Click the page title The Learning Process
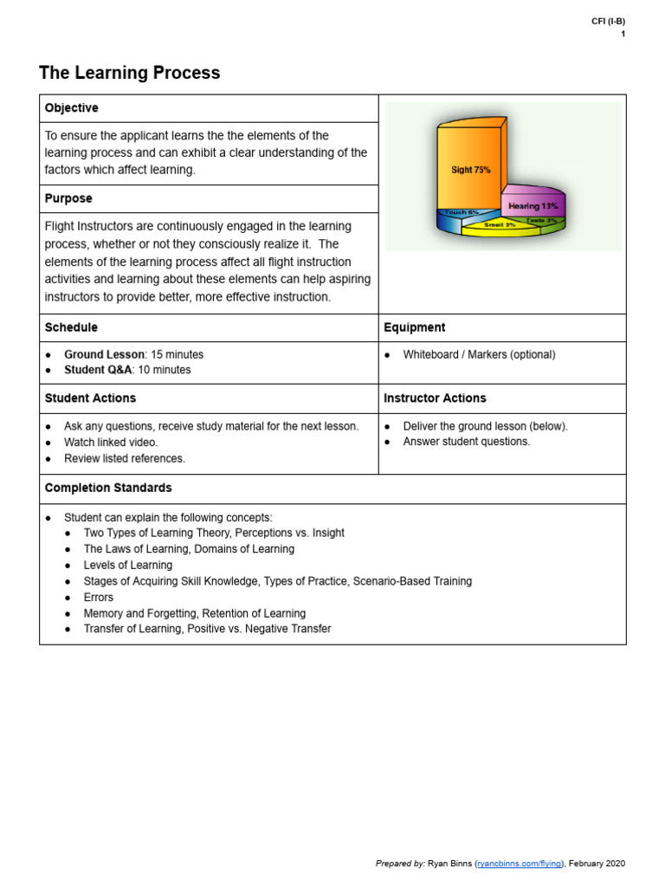[x=130, y=74]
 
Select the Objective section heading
[x=72, y=108]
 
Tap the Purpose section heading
[x=68, y=198]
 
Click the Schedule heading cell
[x=71, y=327]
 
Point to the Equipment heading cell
[x=415, y=327]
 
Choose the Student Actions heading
[x=90, y=398]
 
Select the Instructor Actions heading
[x=435, y=398]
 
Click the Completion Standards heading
[x=108, y=489]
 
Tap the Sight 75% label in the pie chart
[x=470, y=170]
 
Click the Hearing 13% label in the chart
[x=533, y=206]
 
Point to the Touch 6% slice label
[x=461, y=212]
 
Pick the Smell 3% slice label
[x=500, y=224]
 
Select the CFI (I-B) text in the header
[x=608, y=22]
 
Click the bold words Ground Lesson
[x=104, y=355]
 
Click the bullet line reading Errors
[x=98, y=598]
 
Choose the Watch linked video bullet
[x=111, y=443]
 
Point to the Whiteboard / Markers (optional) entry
[x=479, y=355]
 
